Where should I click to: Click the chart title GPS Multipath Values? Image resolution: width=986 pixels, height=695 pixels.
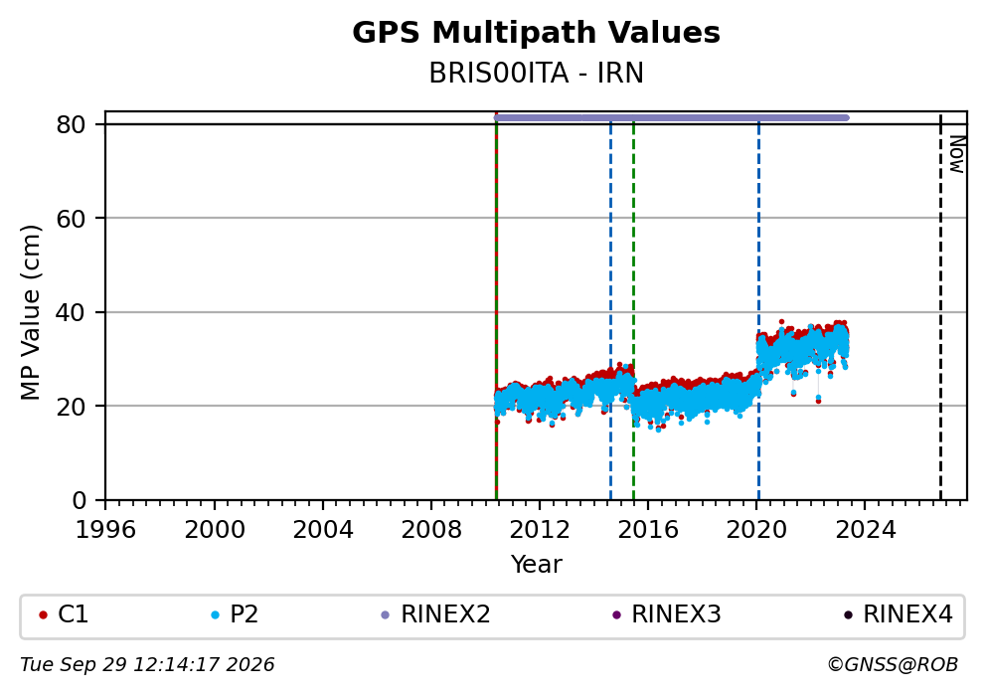click(536, 33)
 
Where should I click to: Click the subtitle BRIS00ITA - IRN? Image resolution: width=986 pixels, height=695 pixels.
click(536, 74)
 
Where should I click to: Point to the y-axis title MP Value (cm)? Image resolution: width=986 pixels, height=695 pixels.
click(30, 312)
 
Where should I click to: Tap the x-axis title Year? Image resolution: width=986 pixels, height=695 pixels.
click(536, 564)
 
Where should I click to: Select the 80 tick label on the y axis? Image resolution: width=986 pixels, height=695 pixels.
click(71, 124)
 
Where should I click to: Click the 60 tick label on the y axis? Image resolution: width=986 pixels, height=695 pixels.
click(71, 219)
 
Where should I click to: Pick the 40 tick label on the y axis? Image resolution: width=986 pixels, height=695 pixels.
click(71, 312)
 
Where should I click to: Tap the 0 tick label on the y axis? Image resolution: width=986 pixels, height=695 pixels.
click(80, 501)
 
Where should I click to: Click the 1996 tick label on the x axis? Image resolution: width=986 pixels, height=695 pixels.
click(105, 530)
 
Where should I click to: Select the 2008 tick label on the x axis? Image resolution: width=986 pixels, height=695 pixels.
click(430, 530)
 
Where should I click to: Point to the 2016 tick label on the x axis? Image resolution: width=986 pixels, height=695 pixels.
click(648, 530)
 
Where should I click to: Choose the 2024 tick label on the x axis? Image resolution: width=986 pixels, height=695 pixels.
click(865, 530)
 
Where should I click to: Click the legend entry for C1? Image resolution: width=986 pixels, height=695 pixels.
click(64, 614)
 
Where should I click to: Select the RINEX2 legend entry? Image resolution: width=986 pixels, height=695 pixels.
click(435, 614)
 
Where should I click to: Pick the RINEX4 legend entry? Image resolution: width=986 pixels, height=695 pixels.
click(898, 614)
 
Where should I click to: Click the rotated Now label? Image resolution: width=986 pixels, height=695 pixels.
click(957, 155)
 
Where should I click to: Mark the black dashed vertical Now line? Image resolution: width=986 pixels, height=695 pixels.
click(940, 307)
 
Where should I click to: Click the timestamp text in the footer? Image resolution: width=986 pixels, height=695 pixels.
click(147, 665)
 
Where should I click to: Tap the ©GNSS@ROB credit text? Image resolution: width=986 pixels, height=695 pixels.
click(893, 665)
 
